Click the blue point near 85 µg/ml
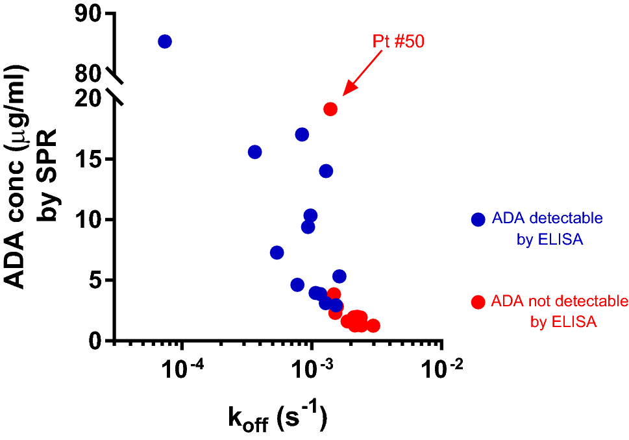[165, 42]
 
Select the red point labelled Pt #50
[330, 109]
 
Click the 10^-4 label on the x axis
[180, 371]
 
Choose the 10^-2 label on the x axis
[442, 371]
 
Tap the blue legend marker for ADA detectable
[478, 220]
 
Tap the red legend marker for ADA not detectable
[478, 302]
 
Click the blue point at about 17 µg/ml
[302, 135]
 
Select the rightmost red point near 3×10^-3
[373, 326]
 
